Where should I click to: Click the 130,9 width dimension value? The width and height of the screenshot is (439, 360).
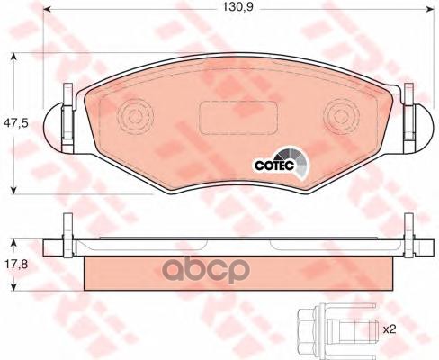tap(237, 7)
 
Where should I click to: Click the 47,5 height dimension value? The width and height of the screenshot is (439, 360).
tap(15, 123)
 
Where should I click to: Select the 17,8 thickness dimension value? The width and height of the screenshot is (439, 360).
tap(15, 265)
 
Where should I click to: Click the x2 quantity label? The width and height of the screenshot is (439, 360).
tap(390, 329)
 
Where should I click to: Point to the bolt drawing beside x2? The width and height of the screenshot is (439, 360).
tap(336, 329)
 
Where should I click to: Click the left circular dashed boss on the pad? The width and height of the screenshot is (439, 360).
tap(135, 116)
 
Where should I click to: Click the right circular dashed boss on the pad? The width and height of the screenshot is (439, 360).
tap(342, 116)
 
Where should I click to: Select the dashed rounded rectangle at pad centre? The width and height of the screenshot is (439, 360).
tap(238, 118)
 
